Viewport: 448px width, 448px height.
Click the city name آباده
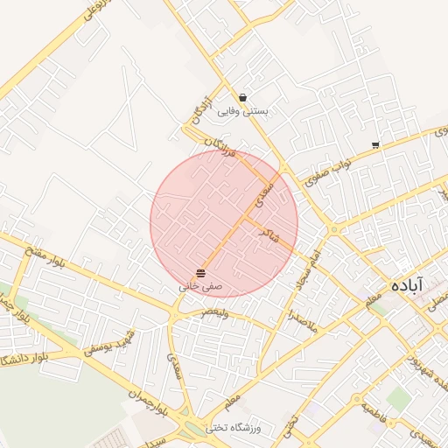[407, 285]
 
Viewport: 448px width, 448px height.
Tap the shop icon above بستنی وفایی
[242, 97]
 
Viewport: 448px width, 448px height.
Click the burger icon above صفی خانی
[201, 272]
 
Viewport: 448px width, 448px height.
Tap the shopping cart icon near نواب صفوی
[375, 145]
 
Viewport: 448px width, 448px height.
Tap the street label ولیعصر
[214, 312]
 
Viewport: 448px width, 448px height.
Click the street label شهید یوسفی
[108, 346]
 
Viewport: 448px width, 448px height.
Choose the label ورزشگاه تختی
[240, 428]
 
